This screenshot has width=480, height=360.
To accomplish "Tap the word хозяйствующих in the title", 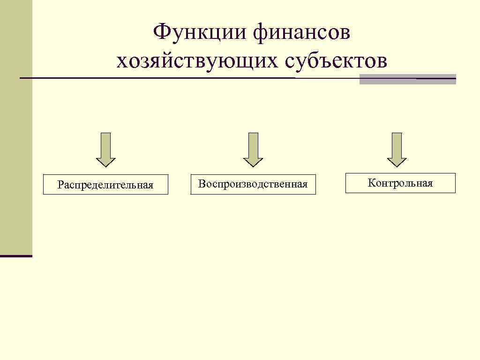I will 197,61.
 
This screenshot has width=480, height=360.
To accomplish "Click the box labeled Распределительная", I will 105,185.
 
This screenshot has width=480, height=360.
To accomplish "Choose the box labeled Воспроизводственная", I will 253,184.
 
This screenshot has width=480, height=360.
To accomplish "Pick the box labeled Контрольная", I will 400,183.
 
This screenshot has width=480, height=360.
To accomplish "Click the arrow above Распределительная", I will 106,149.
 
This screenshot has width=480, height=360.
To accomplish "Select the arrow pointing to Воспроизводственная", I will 253,149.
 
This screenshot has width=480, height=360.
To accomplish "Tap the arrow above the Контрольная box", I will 397,149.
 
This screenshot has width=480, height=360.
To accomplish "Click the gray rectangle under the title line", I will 407,79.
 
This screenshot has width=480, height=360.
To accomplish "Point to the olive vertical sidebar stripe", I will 16,127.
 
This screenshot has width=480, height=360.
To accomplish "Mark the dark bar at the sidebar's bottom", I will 16,256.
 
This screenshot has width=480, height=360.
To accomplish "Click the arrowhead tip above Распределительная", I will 106,166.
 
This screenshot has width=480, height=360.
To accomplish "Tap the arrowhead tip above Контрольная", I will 397,166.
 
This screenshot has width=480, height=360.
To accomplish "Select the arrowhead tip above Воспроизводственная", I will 253,166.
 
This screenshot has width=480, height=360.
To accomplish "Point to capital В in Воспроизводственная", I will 201,184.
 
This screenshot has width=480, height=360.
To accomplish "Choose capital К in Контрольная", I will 371,183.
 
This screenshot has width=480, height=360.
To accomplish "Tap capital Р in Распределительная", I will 60,185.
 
